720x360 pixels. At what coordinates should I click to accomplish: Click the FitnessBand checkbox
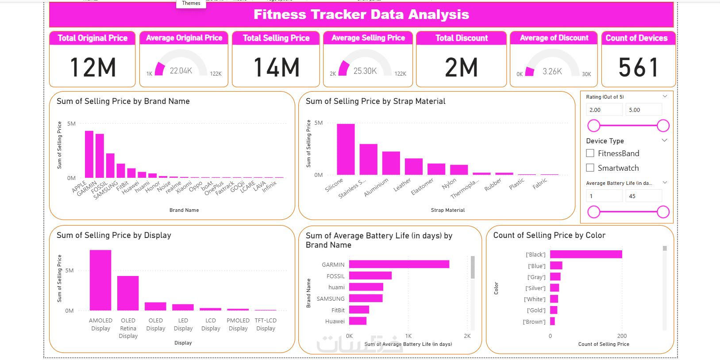[590, 153]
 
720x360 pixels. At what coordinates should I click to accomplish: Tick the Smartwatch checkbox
[590, 168]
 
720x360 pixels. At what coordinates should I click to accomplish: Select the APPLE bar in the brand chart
[89, 154]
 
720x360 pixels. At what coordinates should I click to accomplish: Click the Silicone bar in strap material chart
[346, 149]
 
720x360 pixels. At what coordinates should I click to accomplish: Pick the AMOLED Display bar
[100, 280]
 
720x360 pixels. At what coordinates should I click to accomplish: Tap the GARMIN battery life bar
[399, 264]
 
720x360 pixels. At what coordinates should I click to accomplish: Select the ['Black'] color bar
[585, 254]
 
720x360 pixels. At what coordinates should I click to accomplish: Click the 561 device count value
[639, 68]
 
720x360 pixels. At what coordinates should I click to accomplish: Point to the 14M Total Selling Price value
[277, 68]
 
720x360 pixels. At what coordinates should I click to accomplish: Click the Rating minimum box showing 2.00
[604, 110]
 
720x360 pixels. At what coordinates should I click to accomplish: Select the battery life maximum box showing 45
[643, 196]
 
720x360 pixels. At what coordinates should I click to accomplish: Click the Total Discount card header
[462, 38]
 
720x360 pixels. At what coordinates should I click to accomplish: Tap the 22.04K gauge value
[181, 71]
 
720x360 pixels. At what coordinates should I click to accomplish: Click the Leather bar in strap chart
[414, 166]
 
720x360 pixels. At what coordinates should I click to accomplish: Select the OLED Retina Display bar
[128, 293]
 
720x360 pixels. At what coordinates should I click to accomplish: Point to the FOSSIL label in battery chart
[335, 276]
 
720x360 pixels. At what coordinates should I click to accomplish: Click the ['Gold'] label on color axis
[536, 310]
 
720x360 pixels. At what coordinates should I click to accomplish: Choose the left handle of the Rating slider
[593, 126]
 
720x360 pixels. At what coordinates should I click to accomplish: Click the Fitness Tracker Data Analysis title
[361, 15]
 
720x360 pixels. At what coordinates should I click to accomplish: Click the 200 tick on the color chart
[622, 336]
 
